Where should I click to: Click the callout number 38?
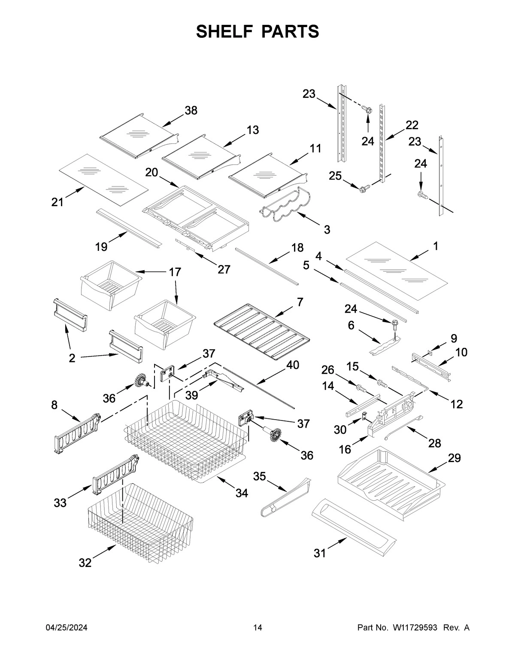point(191,110)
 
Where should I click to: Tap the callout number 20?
point(151,172)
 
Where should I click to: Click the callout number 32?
point(85,563)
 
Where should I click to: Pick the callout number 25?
point(335,176)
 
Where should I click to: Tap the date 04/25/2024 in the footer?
point(67,628)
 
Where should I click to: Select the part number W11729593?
point(415,628)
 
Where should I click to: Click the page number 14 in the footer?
point(257,628)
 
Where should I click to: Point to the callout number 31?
point(320,554)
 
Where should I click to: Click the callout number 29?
point(454,458)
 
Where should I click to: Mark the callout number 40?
point(293,365)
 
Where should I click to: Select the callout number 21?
point(58,202)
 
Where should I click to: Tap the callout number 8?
point(54,405)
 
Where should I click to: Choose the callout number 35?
point(259,476)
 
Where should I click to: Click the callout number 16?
point(345,449)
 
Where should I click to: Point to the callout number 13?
point(253,130)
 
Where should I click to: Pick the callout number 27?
point(224,269)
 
